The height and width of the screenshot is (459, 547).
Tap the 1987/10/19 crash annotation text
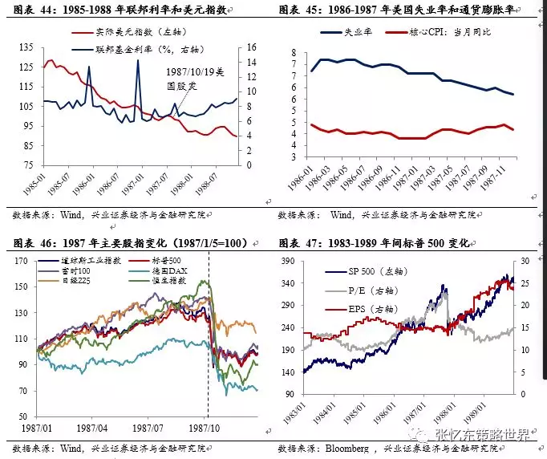(x=188, y=78)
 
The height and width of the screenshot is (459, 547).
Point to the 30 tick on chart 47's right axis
(x=525, y=261)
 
